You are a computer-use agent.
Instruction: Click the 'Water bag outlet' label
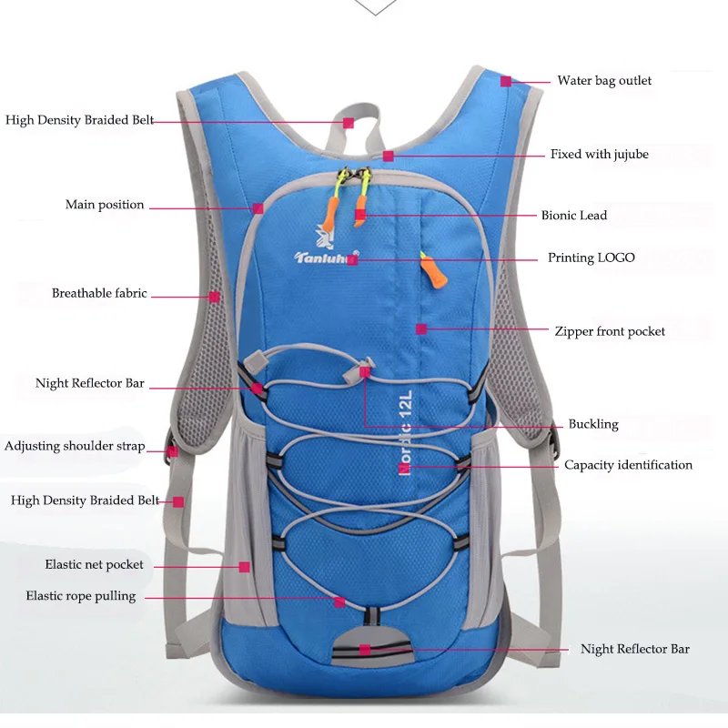tap(604, 81)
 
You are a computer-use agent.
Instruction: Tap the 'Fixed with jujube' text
tap(600, 154)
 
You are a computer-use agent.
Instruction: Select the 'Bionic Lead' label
tap(574, 216)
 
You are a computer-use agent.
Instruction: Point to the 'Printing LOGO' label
tap(591, 258)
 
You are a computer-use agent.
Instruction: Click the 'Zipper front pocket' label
tap(610, 331)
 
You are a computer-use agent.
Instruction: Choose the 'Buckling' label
tap(593, 424)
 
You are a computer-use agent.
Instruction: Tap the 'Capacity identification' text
tap(628, 465)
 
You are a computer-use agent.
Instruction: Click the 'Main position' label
tap(105, 205)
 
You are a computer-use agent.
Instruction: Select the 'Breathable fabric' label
tap(99, 293)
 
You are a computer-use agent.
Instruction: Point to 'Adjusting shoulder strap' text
tap(75, 446)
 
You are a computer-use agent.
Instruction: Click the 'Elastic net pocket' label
tap(95, 564)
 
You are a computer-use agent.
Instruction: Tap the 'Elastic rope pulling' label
tap(81, 596)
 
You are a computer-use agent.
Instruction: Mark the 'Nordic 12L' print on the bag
tap(405, 432)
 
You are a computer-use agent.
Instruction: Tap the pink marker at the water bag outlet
tap(506, 82)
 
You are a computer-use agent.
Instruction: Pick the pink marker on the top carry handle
tap(349, 123)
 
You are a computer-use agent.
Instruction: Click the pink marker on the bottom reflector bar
tap(365, 650)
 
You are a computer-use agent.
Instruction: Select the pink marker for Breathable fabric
tap(214, 298)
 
